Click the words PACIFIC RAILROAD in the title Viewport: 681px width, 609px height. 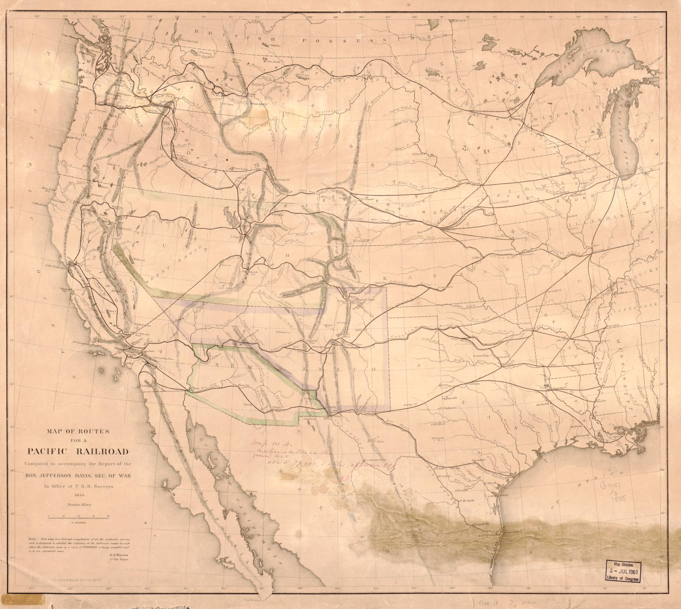pyautogui.click(x=78, y=451)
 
